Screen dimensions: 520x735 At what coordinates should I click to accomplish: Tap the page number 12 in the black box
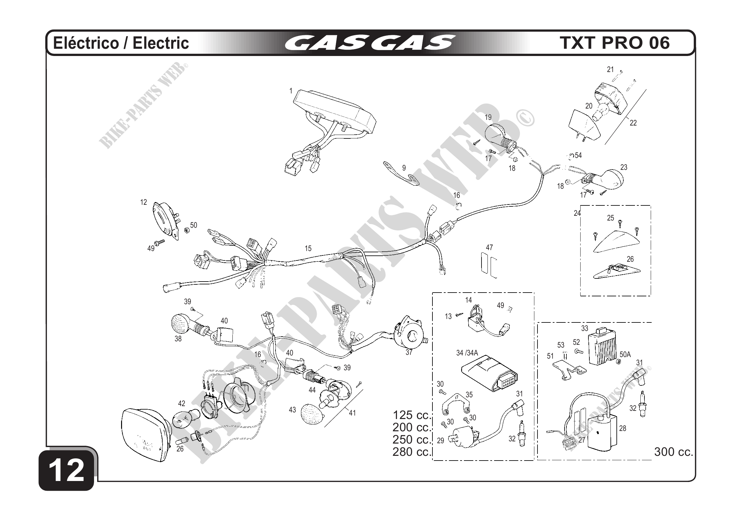(67, 470)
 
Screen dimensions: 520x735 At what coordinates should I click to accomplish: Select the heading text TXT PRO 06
(615, 43)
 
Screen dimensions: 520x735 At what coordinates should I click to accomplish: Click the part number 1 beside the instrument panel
(291, 91)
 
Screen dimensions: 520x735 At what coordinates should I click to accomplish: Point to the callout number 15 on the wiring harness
(308, 249)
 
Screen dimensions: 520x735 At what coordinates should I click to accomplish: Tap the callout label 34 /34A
(467, 353)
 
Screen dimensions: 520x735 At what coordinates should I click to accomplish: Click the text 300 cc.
(674, 452)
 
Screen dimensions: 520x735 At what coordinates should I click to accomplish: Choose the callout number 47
(489, 248)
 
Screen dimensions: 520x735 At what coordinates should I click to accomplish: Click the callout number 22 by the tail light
(633, 123)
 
